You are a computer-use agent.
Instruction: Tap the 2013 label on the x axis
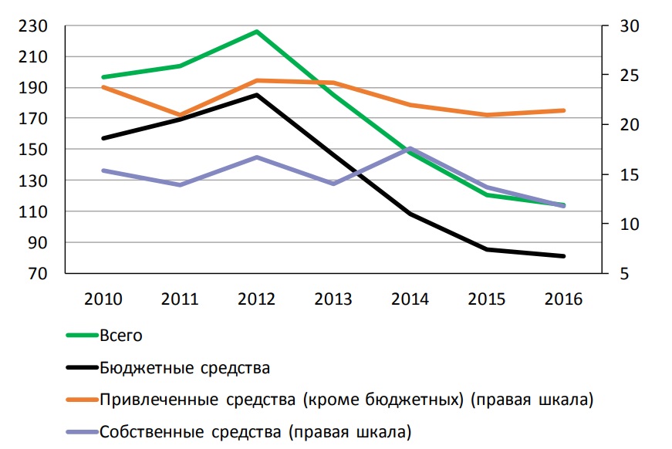(x=333, y=299)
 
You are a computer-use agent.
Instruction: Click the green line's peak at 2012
(x=256, y=32)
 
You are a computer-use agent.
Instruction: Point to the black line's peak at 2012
(x=256, y=95)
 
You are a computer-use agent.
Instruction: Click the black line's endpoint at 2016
(x=565, y=256)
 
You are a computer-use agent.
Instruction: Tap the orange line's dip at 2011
(x=179, y=115)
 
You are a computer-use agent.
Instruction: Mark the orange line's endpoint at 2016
(x=565, y=110)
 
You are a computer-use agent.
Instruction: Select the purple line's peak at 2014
(x=410, y=147)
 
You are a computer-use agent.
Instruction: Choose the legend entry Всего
(x=121, y=336)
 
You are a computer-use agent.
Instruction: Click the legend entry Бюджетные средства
(x=184, y=367)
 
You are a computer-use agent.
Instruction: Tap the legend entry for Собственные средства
(x=255, y=430)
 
